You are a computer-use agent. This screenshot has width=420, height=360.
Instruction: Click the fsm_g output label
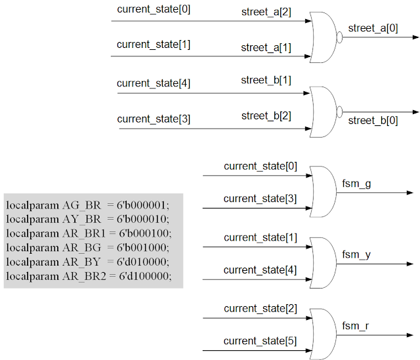356,184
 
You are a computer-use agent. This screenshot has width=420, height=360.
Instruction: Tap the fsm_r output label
356,325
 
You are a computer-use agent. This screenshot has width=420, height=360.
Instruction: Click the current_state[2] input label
260,308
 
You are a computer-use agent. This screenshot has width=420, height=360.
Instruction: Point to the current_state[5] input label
260,341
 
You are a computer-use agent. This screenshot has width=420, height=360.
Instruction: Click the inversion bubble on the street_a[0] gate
340,37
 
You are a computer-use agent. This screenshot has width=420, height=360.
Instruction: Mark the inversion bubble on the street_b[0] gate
340,111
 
